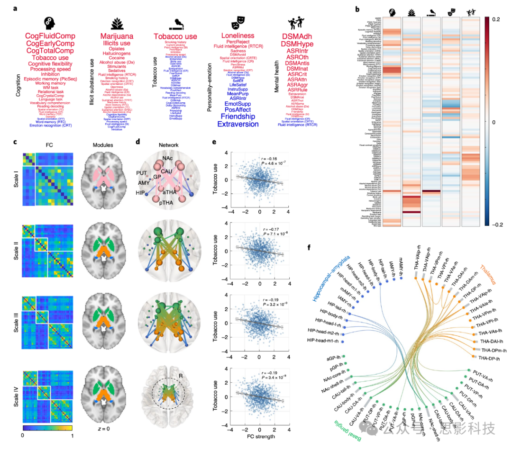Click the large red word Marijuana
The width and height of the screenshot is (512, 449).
point(117,36)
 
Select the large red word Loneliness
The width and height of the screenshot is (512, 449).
point(244,35)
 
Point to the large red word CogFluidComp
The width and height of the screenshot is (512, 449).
point(50,36)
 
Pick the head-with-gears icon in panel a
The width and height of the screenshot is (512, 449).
point(49,22)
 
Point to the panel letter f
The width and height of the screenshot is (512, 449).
point(310,247)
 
